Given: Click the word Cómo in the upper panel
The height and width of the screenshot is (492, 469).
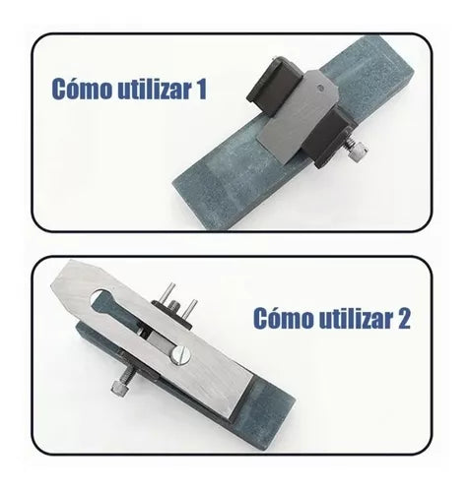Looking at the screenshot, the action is [82, 89].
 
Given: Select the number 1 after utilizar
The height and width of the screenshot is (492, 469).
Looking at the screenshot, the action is [201, 89].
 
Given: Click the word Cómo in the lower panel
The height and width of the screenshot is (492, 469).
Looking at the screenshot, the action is [284, 318].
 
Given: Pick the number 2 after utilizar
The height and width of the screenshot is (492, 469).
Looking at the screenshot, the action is [403, 318].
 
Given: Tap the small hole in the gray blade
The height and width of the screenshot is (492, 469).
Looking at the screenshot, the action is [320, 88].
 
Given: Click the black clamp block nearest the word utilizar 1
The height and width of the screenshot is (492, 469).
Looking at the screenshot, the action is [273, 86].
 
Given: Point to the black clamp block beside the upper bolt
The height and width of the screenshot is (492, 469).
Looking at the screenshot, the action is [327, 138].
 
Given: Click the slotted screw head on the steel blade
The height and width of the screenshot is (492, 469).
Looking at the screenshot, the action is [180, 356].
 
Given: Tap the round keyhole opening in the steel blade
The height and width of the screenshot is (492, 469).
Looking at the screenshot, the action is [100, 298].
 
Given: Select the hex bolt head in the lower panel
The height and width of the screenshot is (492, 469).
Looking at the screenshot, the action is [119, 388].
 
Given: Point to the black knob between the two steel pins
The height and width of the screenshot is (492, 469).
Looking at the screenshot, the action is [174, 308].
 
